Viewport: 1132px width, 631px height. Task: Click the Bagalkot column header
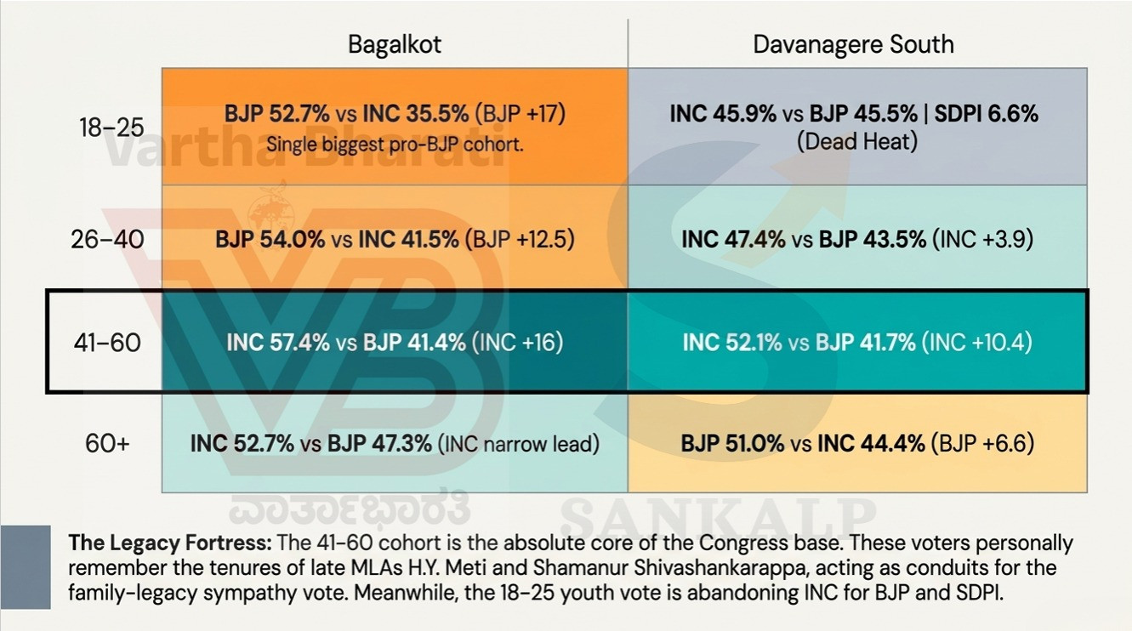395,44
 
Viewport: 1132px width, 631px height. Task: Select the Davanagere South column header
853,44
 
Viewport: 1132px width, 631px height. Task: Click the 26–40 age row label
107,240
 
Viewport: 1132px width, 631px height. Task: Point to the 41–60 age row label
107,343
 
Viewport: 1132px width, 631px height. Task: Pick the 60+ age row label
107,443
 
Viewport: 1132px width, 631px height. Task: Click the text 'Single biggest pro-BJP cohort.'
395,144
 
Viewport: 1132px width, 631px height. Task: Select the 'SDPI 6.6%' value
986,113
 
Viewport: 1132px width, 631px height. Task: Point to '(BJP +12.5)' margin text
520,240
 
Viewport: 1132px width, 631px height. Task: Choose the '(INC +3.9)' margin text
983,240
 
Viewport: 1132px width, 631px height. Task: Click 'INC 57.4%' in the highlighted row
278,343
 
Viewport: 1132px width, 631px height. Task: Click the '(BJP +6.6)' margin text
983,443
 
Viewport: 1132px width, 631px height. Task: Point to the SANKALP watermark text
718,515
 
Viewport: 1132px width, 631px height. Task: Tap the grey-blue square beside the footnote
26,566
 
